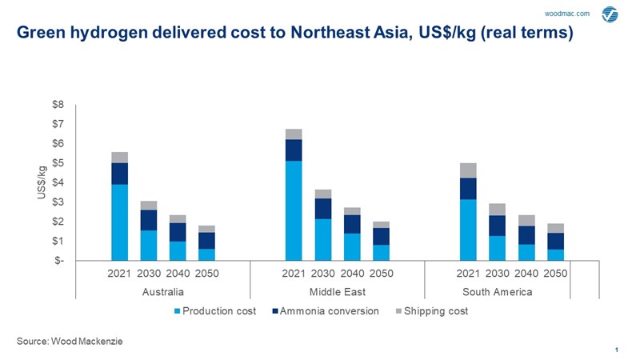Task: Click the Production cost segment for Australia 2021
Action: (x=119, y=222)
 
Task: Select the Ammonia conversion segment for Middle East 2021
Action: (x=294, y=150)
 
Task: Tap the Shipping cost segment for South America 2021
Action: (x=468, y=170)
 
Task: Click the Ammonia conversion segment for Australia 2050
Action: (x=206, y=241)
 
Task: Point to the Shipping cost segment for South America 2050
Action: (x=555, y=228)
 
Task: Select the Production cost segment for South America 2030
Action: (x=497, y=248)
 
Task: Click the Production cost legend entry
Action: (x=215, y=310)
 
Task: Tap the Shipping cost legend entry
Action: (x=434, y=310)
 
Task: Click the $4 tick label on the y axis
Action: (x=59, y=182)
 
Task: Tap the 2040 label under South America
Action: (x=526, y=273)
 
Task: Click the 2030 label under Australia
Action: (x=148, y=273)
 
